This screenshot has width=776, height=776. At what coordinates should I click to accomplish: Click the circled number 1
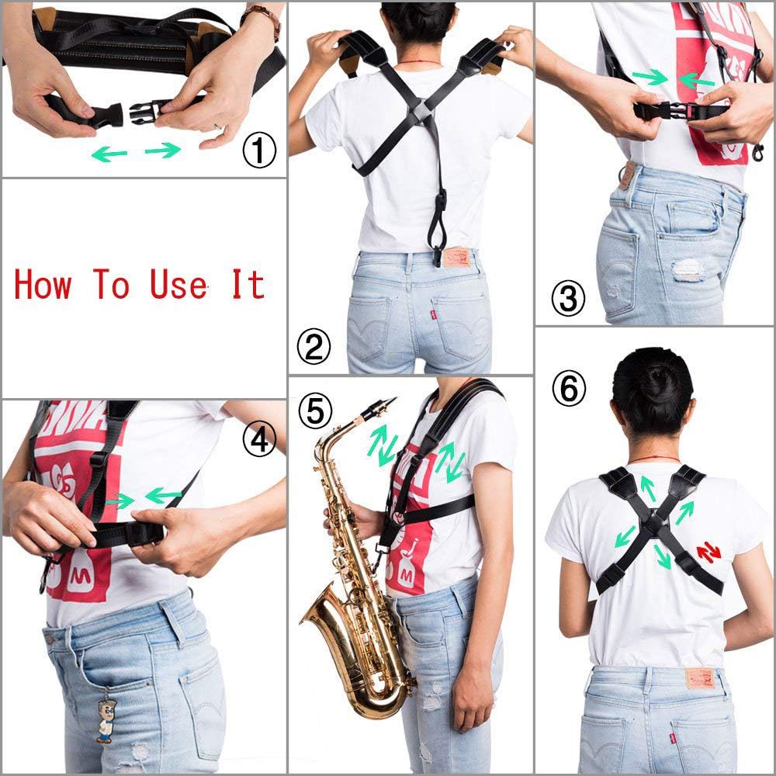[x=259, y=151]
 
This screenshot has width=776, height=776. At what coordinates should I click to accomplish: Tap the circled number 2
[x=314, y=348]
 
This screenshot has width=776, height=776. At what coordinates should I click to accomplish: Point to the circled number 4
[x=259, y=440]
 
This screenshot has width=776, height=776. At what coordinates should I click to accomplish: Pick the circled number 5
[x=314, y=411]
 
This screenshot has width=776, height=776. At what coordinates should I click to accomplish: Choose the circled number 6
[x=569, y=390]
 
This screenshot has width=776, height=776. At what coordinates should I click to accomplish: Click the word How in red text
[x=43, y=284]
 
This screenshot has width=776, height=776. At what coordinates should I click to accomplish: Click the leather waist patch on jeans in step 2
[x=456, y=257]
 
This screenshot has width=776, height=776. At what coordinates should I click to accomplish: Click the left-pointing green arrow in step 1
[x=109, y=154]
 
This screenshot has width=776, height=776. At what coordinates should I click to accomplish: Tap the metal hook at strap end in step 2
[x=438, y=255]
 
